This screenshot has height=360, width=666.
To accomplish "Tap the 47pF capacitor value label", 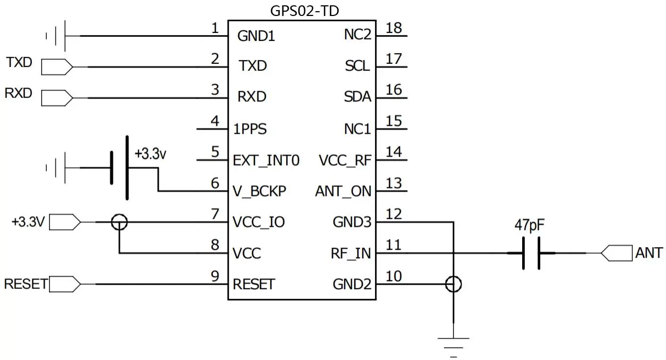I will point(529,225).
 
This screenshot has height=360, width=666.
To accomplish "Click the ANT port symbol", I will point(616,253).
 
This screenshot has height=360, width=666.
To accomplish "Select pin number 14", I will point(393,152).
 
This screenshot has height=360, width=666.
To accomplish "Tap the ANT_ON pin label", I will point(343,191).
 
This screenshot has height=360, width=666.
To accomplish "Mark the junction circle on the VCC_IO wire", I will point(119,222).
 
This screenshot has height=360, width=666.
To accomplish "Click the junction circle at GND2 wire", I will point(453,284).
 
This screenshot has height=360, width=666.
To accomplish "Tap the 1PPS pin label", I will point(250,129).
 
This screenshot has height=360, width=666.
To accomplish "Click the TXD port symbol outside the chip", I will point(56,67).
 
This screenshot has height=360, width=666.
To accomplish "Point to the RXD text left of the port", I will point(19,93).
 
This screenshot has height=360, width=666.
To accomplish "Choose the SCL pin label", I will point(357,67).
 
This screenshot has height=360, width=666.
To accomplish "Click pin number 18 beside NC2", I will point(394,28).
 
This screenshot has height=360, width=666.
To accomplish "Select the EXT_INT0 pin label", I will point(266,160).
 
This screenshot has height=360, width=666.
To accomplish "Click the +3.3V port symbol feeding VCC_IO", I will point(65,222).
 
